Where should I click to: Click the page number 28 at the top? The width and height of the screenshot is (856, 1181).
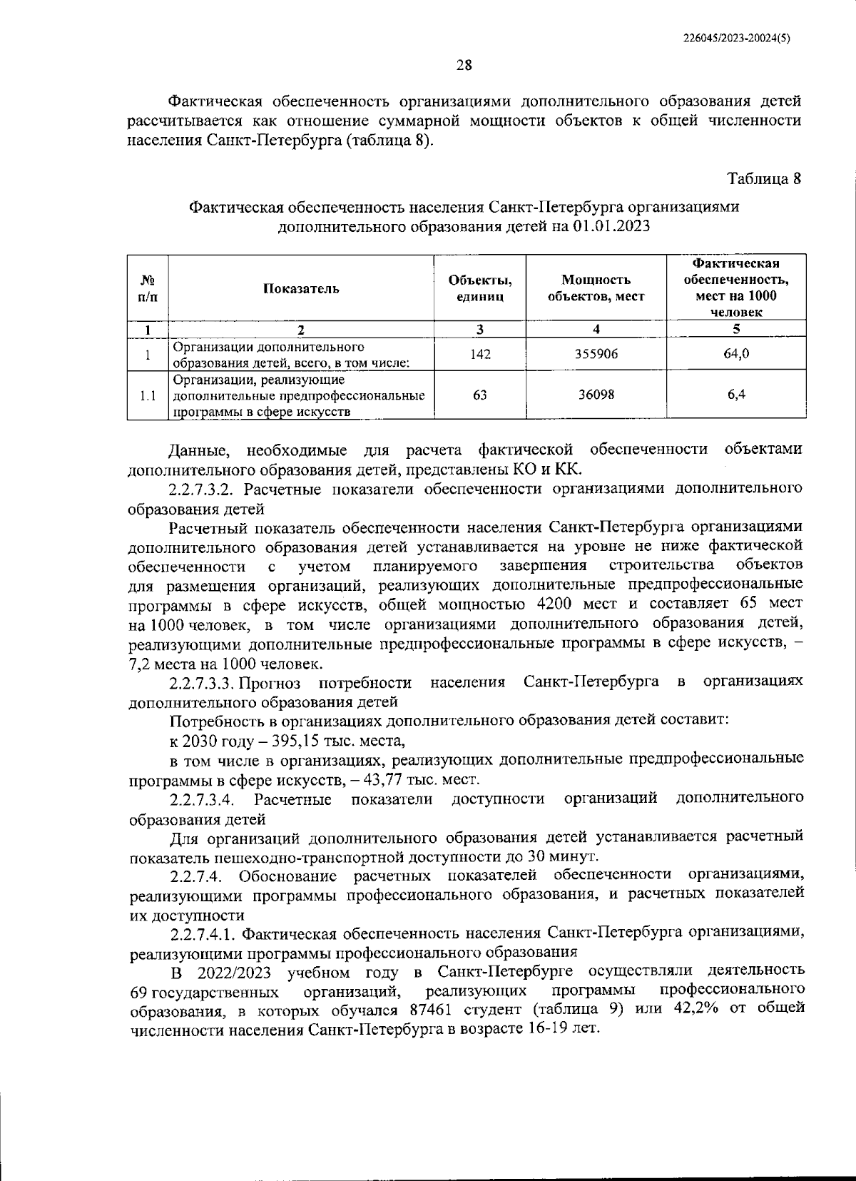pos(464,66)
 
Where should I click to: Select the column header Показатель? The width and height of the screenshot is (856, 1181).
pos(301,288)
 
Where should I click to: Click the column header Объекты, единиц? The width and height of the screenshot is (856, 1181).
pos(480,288)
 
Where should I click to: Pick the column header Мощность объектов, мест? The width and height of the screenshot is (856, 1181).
pos(596,288)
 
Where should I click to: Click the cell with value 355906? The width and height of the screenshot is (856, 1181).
pos(596,354)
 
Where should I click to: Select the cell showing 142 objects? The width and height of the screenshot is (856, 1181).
pos(480,354)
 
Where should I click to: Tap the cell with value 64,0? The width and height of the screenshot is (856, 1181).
pos(735,354)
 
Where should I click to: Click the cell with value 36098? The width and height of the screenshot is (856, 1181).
pos(596,394)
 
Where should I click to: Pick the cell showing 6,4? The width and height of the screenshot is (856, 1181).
pos(735,394)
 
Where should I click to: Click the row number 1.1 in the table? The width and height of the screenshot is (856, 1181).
pos(147,395)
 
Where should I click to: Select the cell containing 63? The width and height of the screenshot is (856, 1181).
pos(480,394)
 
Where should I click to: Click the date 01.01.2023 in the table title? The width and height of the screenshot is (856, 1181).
pos(611,227)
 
